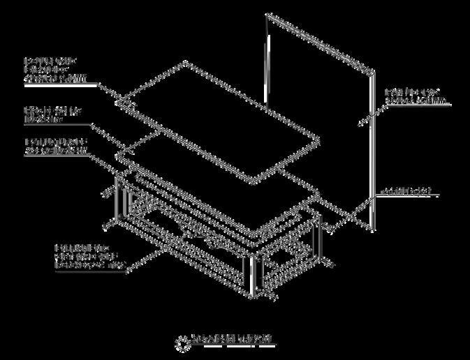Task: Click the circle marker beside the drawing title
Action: point(182,343)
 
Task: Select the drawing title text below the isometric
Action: point(232,340)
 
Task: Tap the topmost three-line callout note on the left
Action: point(55,70)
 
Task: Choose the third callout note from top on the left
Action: point(56,146)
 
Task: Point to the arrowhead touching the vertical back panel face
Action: point(360,124)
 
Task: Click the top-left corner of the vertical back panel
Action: point(265,13)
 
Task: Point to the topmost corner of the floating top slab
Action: point(185,61)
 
